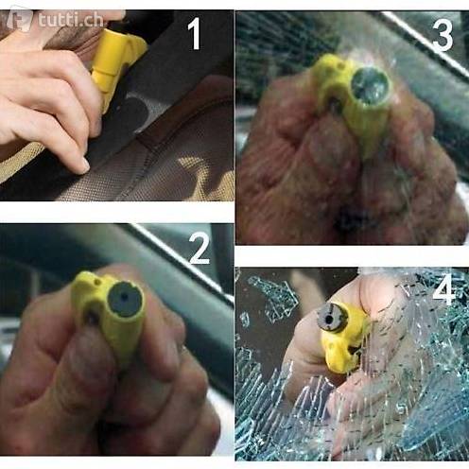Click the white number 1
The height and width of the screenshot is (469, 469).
coord(195,33)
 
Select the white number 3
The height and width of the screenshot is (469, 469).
coord(443,35)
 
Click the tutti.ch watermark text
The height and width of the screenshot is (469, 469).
coord(71,21)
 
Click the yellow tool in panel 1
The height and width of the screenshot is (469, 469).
coord(116,65)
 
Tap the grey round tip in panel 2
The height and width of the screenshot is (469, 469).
coord(125,300)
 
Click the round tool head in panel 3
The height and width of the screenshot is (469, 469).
coord(369,86)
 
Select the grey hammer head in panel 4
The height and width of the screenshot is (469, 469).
coord(332,317)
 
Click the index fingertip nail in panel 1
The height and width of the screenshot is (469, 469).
coord(84,165)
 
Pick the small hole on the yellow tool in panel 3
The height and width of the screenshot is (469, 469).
coord(340,66)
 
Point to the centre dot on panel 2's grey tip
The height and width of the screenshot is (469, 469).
coord(125,297)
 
